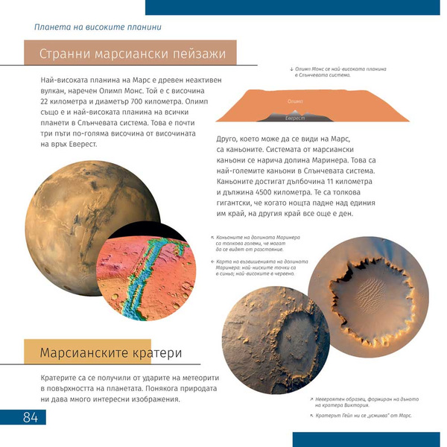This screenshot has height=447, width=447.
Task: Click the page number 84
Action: click(x=30, y=417)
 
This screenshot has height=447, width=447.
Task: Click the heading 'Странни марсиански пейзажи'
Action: click(x=131, y=54)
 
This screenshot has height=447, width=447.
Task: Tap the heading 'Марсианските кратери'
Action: click(x=111, y=352)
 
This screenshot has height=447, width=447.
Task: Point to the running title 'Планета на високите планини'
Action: click(x=92, y=28)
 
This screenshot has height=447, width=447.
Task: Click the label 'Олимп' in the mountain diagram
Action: click(x=294, y=101)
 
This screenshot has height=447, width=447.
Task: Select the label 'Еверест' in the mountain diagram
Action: click(x=296, y=118)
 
